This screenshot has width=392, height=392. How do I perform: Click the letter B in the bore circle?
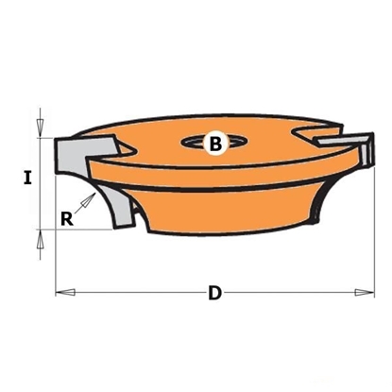coord(214,144)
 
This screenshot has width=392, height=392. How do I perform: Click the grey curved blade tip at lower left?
coord(116,203)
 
